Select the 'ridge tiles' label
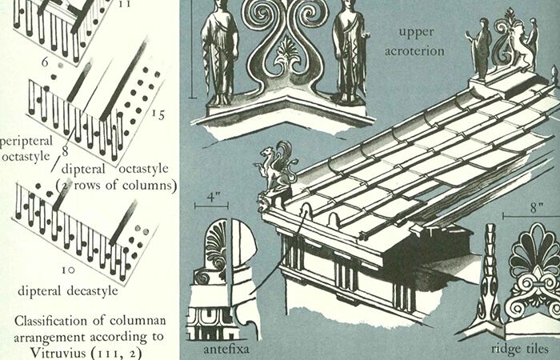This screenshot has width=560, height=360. point(520,348)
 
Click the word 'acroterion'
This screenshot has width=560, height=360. point(414,51)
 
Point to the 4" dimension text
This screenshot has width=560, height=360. point(212,197)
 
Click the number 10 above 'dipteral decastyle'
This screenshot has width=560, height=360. point(68,270)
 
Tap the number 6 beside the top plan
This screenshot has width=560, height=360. point(45,62)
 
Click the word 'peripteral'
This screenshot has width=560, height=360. point(26,142)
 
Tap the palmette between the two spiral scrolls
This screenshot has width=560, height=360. point(288,54)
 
